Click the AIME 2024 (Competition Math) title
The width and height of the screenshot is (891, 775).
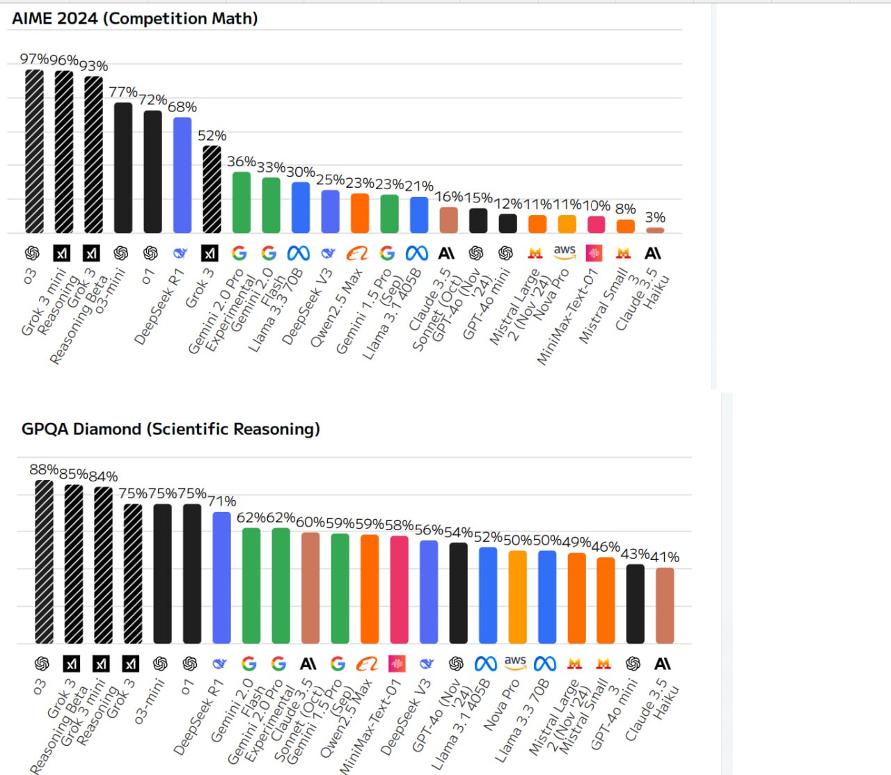click(x=135, y=19)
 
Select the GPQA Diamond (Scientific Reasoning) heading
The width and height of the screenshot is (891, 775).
click(x=171, y=429)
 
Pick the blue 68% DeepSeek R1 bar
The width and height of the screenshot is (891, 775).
click(x=182, y=175)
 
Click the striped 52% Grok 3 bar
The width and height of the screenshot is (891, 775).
click(x=212, y=189)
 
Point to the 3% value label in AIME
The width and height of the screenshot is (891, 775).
click(x=655, y=218)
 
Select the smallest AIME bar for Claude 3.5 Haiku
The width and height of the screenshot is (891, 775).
click(x=655, y=230)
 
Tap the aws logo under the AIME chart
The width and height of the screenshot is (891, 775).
click(x=565, y=251)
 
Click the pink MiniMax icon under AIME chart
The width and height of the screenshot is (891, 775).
click(x=594, y=253)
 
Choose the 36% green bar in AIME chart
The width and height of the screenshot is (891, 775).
click(x=242, y=202)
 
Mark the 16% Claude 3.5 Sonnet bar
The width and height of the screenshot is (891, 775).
click(x=449, y=220)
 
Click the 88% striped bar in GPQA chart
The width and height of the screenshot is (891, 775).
click(x=44, y=561)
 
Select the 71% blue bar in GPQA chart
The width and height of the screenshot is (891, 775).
click(x=221, y=577)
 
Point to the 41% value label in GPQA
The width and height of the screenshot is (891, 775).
click(x=665, y=557)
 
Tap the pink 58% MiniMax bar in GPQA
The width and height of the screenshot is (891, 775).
click(x=399, y=590)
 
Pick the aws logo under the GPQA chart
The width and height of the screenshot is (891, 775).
click(x=515, y=662)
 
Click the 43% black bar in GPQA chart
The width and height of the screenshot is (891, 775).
click(x=635, y=604)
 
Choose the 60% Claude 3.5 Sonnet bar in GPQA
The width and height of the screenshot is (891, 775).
click(x=310, y=588)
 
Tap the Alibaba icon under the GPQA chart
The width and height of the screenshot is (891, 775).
click(x=367, y=664)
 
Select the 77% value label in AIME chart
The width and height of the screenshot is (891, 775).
click(x=123, y=93)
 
